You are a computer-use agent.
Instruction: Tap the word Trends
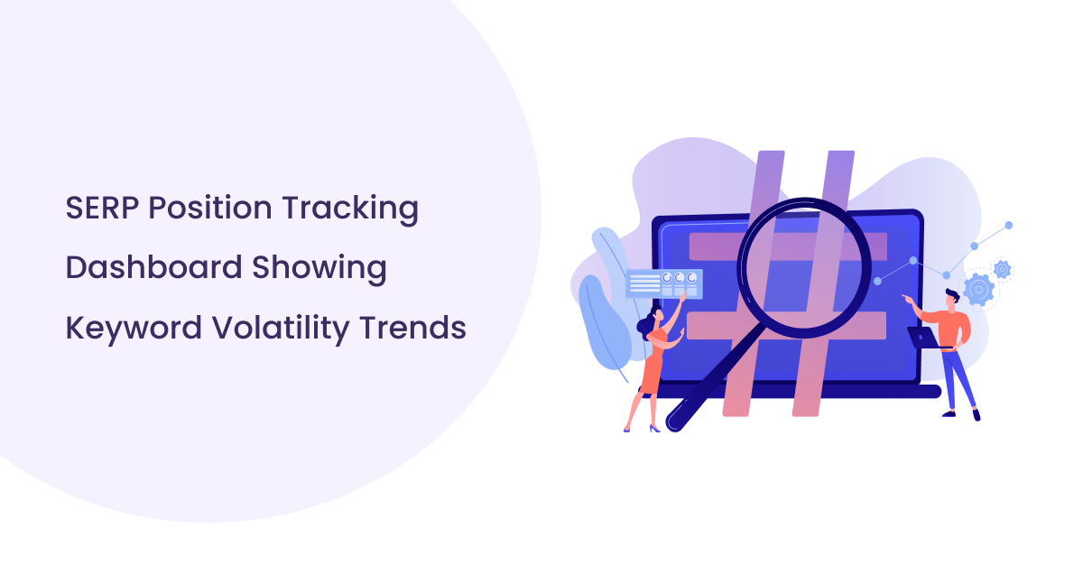click(x=413, y=328)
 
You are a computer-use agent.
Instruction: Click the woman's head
click(x=646, y=323)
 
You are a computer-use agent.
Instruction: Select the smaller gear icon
click(x=1002, y=268)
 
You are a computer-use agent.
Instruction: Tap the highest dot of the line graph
click(x=1009, y=225)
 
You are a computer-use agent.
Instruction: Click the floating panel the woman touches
click(x=663, y=283)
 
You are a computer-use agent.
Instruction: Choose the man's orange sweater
click(x=953, y=328)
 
